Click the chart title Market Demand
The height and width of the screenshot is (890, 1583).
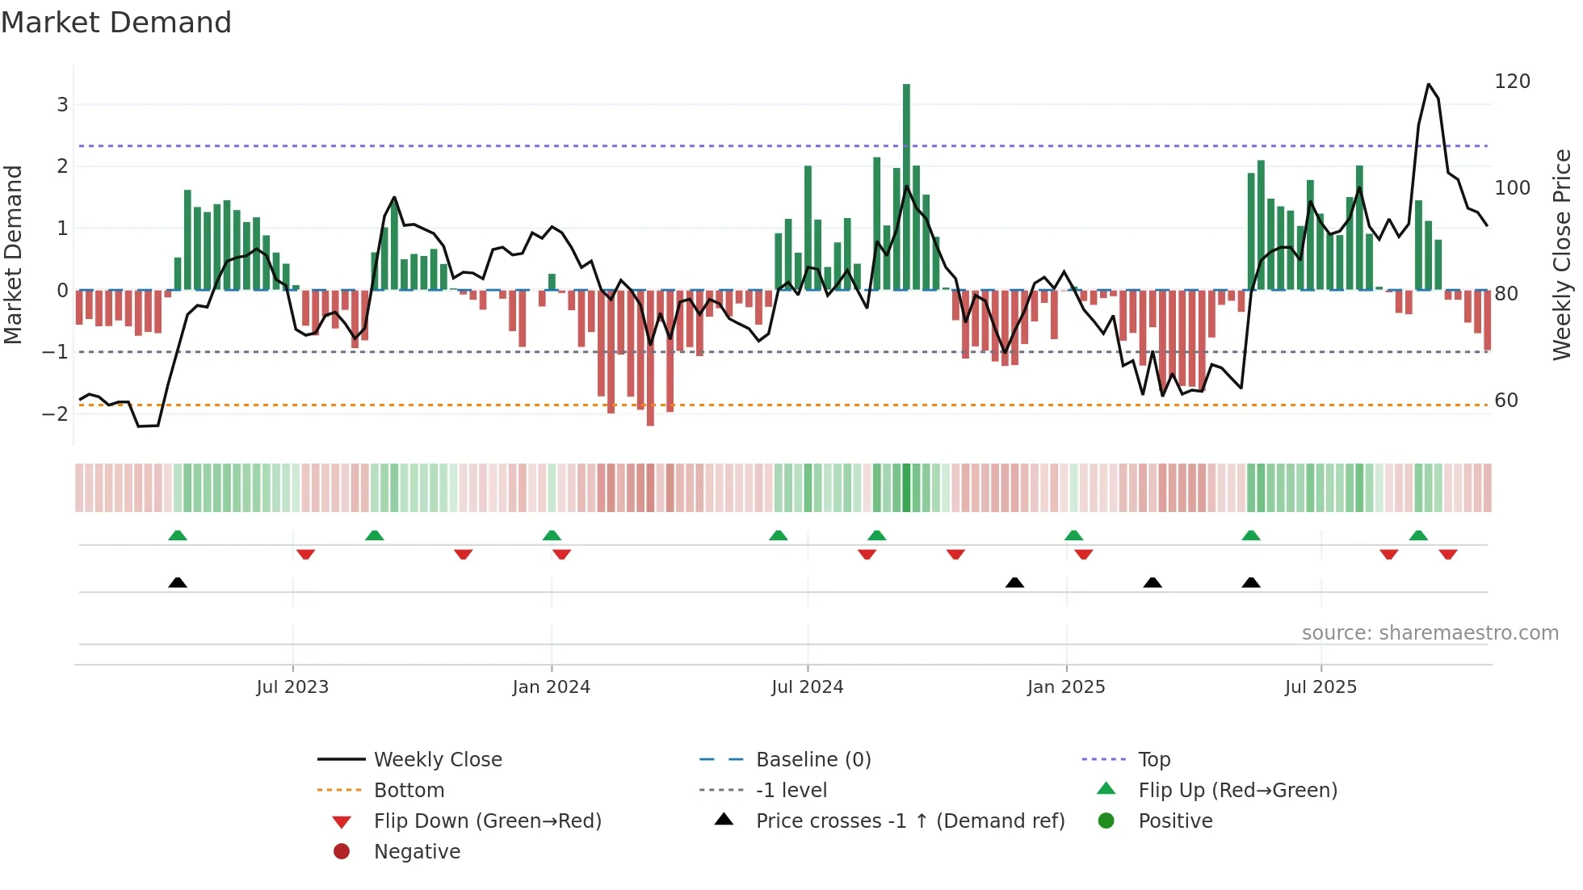pyautogui.click(x=116, y=23)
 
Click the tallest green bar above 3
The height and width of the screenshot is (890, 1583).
pyautogui.click(x=906, y=186)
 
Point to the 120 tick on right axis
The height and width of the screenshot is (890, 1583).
pyautogui.click(x=1512, y=82)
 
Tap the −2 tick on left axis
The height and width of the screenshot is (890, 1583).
pyautogui.click(x=56, y=414)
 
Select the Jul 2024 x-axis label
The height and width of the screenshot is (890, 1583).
pyautogui.click(x=807, y=687)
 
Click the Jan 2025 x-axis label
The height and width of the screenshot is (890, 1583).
pyautogui.click(x=1065, y=687)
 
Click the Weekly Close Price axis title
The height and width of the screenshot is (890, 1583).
pyautogui.click(x=1562, y=254)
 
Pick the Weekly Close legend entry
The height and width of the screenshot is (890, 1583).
pyautogui.click(x=437, y=760)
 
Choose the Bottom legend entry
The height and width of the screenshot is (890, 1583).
pyautogui.click(x=409, y=791)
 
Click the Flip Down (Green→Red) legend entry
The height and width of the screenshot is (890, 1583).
pyautogui.click(x=487, y=821)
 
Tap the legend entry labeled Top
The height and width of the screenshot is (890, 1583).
pyautogui.click(x=1154, y=760)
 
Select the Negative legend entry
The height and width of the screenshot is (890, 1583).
pyautogui.click(x=417, y=852)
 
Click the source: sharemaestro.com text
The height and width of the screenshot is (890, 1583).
pyautogui.click(x=1430, y=633)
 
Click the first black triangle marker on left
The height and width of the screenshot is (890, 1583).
pyautogui.click(x=178, y=582)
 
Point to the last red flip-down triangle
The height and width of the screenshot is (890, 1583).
pyautogui.click(x=1447, y=554)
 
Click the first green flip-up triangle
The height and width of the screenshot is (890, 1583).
pyautogui.click(x=178, y=535)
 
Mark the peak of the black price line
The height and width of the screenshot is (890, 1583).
pyautogui.click(x=1428, y=84)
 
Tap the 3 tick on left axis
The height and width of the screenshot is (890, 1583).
pyautogui.click(x=62, y=104)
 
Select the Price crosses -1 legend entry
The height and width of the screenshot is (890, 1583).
pyautogui.click(x=909, y=821)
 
